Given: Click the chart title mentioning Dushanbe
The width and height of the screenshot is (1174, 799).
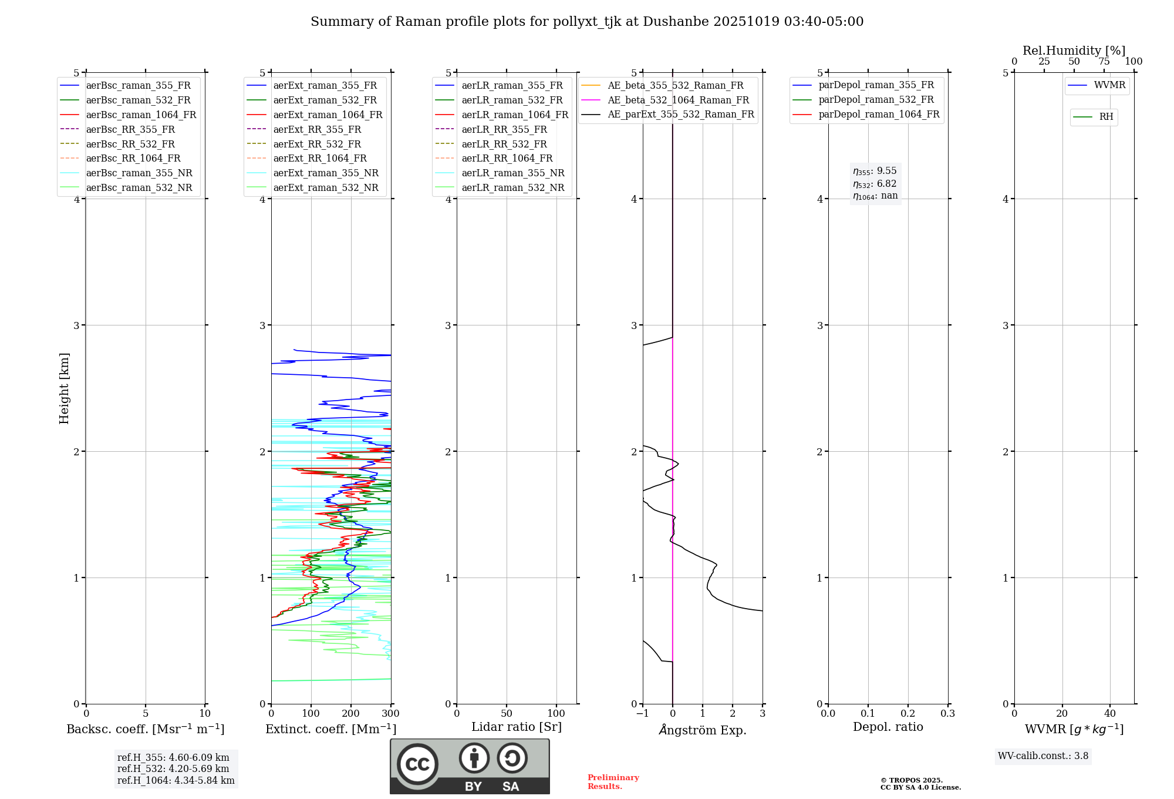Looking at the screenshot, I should (x=587, y=22).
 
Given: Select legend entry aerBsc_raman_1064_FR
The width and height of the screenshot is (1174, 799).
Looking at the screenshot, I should (x=141, y=115).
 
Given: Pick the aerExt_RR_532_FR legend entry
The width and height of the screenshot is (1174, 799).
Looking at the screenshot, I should (x=317, y=144).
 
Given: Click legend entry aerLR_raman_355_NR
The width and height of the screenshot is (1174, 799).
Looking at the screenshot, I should (x=512, y=173).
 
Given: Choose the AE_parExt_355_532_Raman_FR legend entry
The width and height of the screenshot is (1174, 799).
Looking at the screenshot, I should (x=680, y=114).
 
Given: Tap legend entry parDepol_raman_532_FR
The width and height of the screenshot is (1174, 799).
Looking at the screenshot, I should (x=876, y=99).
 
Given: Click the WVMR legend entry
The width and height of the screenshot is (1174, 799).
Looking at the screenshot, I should (x=1109, y=85).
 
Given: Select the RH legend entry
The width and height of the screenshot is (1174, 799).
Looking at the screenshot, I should (x=1105, y=117).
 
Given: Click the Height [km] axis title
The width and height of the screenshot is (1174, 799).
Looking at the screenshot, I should (x=64, y=388).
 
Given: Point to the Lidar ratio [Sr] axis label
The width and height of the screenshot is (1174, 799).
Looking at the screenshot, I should (x=517, y=727).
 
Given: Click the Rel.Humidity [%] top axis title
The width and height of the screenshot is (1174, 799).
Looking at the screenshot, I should (x=1074, y=51).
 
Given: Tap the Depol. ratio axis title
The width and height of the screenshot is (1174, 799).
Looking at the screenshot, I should (x=888, y=727).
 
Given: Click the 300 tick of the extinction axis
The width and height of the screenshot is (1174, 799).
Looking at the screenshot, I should (x=390, y=714).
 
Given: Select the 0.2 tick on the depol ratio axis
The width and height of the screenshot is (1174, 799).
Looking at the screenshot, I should (x=908, y=714).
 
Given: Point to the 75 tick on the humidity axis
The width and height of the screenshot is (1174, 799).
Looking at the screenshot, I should (x=1104, y=62).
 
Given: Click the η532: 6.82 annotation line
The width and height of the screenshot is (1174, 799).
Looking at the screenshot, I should (x=875, y=184).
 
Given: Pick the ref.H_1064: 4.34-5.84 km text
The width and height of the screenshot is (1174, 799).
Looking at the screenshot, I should (x=176, y=780).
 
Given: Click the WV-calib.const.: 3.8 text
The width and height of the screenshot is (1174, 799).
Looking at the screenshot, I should (x=1043, y=756).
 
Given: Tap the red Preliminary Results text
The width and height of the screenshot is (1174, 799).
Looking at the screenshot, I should (x=613, y=782).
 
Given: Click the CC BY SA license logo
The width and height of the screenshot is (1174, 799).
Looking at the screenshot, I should (x=470, y=766).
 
